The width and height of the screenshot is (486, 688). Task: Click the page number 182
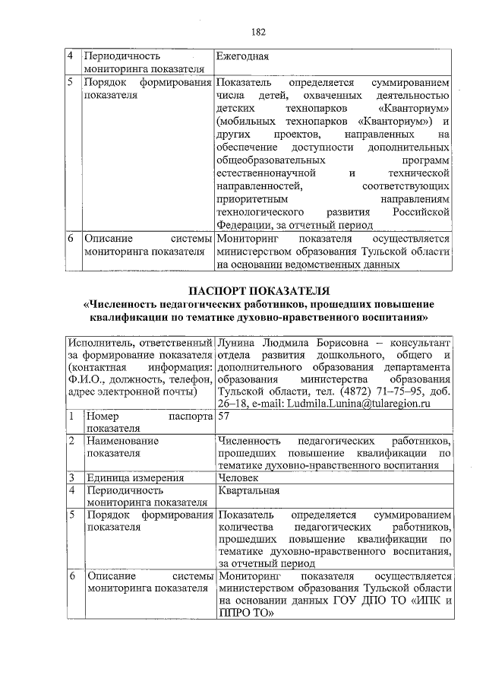(x=258, y=32)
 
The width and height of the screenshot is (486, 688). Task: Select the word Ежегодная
(x=243, y=56)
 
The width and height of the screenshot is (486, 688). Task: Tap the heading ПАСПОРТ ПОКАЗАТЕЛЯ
(x=258, y=290)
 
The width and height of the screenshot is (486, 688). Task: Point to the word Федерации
(x=241, y=225)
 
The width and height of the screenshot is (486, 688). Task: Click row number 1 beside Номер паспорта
(x=70, y=417)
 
